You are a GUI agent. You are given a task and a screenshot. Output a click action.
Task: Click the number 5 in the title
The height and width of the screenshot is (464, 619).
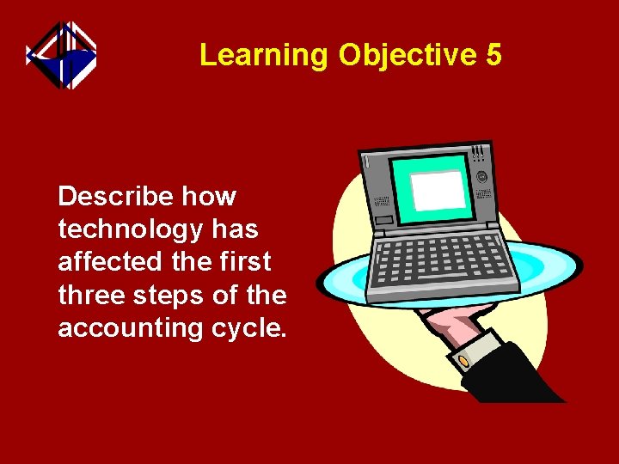pos(493,55)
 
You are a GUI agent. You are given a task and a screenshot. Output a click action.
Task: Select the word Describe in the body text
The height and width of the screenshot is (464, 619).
pos(116,197)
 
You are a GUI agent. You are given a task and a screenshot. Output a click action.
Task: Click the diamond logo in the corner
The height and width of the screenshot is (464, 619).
pos(61,56)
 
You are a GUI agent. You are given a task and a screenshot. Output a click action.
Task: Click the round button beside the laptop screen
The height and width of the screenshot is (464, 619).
pos(481,177)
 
